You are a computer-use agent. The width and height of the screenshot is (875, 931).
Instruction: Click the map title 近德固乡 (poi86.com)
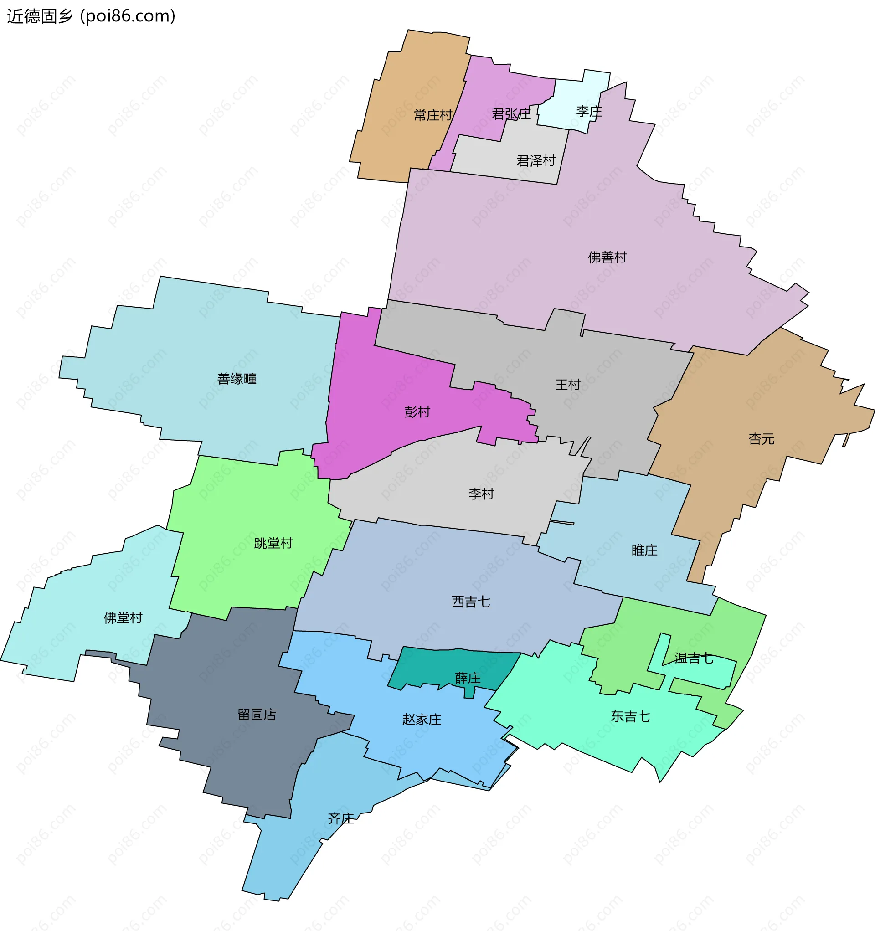tap(91, 16)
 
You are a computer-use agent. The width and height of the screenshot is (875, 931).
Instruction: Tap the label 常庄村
tap(433, 115)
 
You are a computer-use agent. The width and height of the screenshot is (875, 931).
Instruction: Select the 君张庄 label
tap(511, 114)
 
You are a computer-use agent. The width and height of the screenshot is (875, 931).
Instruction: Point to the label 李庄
tap(589, 112)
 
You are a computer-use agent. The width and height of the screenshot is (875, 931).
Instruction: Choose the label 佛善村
tap(607, 257)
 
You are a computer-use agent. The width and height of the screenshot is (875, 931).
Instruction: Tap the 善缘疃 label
tap(237, 379)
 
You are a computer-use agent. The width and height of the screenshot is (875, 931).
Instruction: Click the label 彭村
tap(417, 412)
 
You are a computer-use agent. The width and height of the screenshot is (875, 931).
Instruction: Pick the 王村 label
tap(568, 385)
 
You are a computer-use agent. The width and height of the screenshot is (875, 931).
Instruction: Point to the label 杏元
tap(762, 439)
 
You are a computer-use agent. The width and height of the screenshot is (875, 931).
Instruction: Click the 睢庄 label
tap(644, 550)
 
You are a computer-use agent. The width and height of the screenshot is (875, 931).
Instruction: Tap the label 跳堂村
tap(273, 543)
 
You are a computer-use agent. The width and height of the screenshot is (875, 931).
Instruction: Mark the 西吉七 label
tap(471, 602)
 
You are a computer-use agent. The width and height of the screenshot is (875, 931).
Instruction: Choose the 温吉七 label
tap(694, 658)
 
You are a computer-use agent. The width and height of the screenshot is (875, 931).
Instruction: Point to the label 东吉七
tap(630, 716)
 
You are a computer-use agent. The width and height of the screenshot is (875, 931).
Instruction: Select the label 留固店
tap(257, 715)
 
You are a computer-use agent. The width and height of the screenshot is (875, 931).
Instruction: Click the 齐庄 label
tap(340, 818)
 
